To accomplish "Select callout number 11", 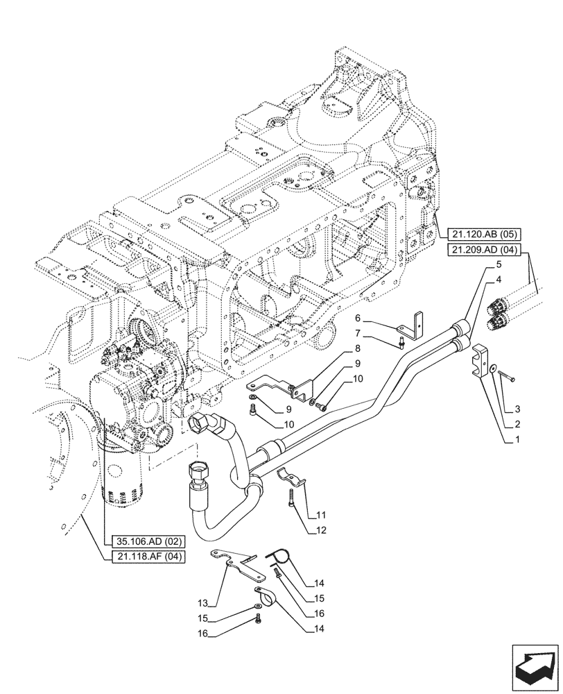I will (x=321, y=516).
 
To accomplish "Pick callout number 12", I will (x=321, y=530).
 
